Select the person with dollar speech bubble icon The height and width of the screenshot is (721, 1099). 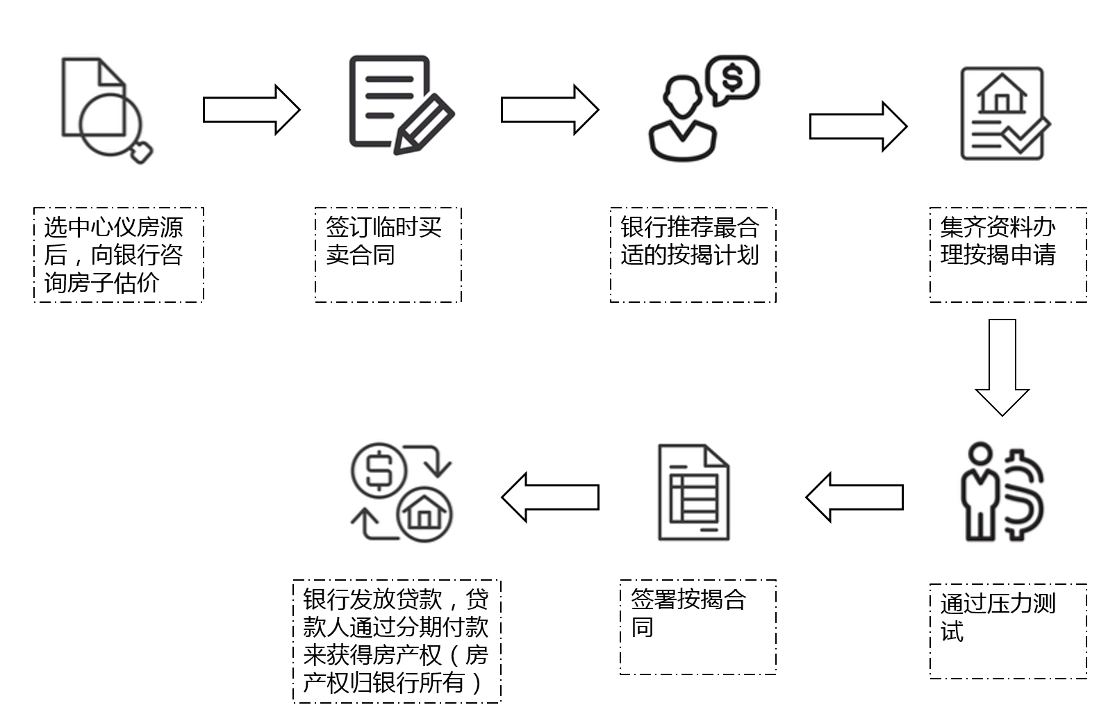tap(702, 108)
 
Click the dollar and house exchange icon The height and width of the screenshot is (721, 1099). tap(401, 493)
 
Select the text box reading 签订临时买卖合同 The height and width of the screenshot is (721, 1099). tap(388, 254)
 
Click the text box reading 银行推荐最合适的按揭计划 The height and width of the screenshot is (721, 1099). tap(693, 254)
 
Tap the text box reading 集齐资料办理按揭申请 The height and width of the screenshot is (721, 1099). tap(1007, 254)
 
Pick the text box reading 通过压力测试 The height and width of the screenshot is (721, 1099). tap(1007, 631)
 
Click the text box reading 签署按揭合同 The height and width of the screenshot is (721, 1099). tap(697, 627)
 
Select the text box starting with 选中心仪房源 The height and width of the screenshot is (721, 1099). tap(118, 254)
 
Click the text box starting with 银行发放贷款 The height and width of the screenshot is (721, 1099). tap(397, 641)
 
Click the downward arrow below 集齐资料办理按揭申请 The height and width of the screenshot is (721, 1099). tap(1002, 367)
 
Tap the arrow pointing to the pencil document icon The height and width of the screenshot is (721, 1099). tap(251, 110)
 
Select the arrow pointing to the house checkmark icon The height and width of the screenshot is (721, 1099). tap(858, 126)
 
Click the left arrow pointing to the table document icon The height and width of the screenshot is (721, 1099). tap(854, 497)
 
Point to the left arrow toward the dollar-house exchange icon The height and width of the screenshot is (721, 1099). tap(550, 497)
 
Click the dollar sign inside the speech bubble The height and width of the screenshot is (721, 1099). tap(732, 77)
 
